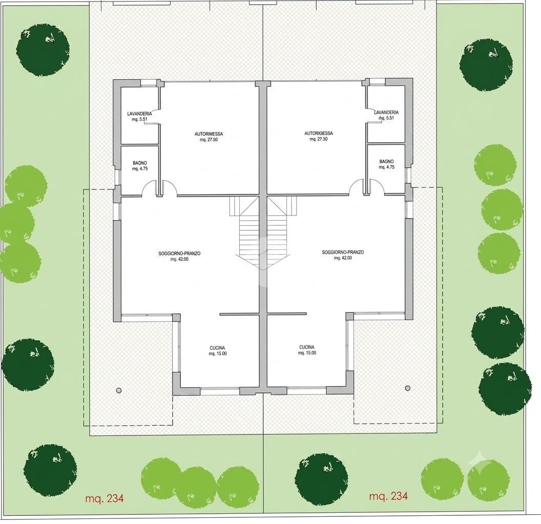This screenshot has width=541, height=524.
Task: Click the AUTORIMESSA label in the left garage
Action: pos(209,134)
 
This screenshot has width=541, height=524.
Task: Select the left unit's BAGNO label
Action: pos(140,163)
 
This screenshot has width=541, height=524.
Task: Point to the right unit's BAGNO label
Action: pos(386,161)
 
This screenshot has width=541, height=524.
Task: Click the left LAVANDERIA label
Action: pos(139,114)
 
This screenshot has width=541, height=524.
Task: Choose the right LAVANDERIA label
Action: pos(386,113)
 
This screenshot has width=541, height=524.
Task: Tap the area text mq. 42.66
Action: pos(179,259)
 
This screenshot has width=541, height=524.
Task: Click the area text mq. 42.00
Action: pos(343,258)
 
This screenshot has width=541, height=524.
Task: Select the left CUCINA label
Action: pos(217,348)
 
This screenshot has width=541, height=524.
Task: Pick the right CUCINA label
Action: pos(307,347)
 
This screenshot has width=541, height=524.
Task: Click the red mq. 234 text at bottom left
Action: pos(104,498)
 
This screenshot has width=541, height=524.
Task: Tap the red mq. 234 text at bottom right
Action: pos(388,496)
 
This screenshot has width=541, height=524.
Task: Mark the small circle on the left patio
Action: pos(119,390)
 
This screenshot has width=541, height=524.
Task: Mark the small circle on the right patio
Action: pos(407,388)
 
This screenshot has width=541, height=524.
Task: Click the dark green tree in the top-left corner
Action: pos(43,50)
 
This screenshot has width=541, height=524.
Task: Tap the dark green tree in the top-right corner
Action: pos(486,65)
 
